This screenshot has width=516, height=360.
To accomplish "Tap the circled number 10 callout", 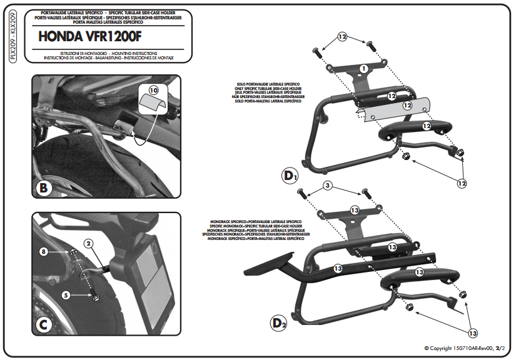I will tap(155, 90).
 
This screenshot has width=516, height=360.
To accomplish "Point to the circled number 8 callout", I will tap(43, 252).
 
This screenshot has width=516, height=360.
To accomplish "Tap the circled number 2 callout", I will tap(89, 242).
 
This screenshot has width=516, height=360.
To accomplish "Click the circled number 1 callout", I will tap(363, 67).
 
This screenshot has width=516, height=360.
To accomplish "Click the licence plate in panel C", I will tap(153, 271).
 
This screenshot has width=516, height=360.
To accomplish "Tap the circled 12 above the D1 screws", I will tap(342, 37).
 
